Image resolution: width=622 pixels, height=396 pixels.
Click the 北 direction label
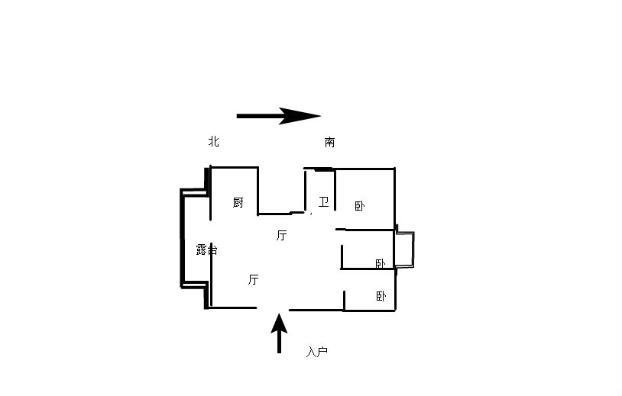[214, 141]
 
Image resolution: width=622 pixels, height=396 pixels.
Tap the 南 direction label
[329, 142]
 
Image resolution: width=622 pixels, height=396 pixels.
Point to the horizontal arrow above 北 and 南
[278, 116]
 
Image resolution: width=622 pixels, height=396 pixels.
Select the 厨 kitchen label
[238, 202]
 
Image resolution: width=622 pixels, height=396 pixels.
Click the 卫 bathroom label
[324, 202]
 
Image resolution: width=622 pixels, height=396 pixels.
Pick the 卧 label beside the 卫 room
[360, 206]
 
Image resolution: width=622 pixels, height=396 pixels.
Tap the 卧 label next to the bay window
[381, 263]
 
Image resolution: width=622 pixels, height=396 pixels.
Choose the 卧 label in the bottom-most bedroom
[381, 296]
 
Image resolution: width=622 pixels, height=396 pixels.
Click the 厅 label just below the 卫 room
[282, 235]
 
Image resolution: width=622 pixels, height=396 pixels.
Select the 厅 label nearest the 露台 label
[254, 279]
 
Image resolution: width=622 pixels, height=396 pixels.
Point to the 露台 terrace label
[206, 250]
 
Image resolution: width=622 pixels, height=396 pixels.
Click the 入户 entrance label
[317, 351]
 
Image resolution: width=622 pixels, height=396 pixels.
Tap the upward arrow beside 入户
[279, 333]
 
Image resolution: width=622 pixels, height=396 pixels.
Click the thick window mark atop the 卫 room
[324, 169]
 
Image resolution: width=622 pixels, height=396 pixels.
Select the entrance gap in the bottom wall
[273, 308]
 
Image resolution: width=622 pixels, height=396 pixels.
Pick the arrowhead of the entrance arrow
[279, 322]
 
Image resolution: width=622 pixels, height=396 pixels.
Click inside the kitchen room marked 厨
[234, 190]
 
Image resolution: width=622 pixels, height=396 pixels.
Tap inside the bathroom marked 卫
[320, 190]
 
